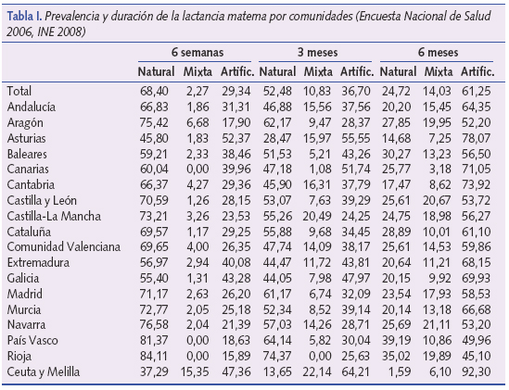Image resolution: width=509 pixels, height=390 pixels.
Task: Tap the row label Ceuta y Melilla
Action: pyautogui.click(x=45, y=371)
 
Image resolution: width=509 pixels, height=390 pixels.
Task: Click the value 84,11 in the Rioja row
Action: pyautogui.click(x=155, y=357)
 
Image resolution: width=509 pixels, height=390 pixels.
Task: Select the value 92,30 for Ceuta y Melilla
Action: pyautogui.click(x=476, y=371)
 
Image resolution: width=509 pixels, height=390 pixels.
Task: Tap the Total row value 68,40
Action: pyautogui.click(x=155, y=92)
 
